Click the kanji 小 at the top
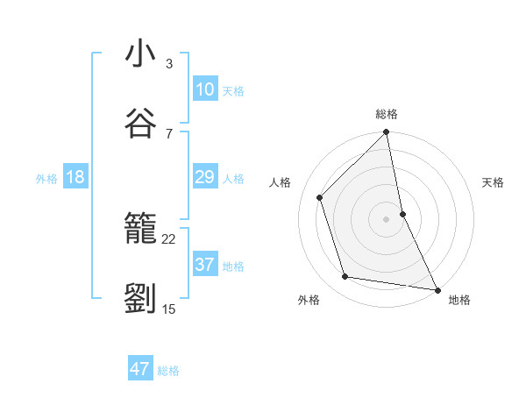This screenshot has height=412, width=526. coord(140,53)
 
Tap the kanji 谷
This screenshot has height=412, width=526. coord(140,123)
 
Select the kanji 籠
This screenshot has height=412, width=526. coord(140,230)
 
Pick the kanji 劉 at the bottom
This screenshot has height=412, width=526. coord(140,300)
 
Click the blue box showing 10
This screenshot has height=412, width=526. coord(205,89)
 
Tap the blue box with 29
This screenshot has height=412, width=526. coord(205,177)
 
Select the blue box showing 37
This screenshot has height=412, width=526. coord(205,265)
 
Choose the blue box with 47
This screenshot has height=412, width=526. coord(140,369)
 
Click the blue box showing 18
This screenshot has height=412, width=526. coord(75,177)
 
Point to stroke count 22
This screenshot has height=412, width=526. coord(169,238)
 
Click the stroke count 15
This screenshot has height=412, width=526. coord(169,309)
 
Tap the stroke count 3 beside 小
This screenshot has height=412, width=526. coord(168,63)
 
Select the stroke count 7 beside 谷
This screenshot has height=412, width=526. coord(168,133)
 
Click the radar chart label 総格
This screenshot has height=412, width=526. coord(387,114)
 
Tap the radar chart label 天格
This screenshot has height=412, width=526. coord(493,182)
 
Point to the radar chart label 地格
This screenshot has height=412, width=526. coord(459,300)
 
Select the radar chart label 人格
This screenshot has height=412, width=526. coord(281,182)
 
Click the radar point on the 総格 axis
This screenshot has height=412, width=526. coord(387,133)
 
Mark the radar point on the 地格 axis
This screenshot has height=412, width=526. coord(437,288)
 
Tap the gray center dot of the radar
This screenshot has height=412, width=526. coord(387,218)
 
